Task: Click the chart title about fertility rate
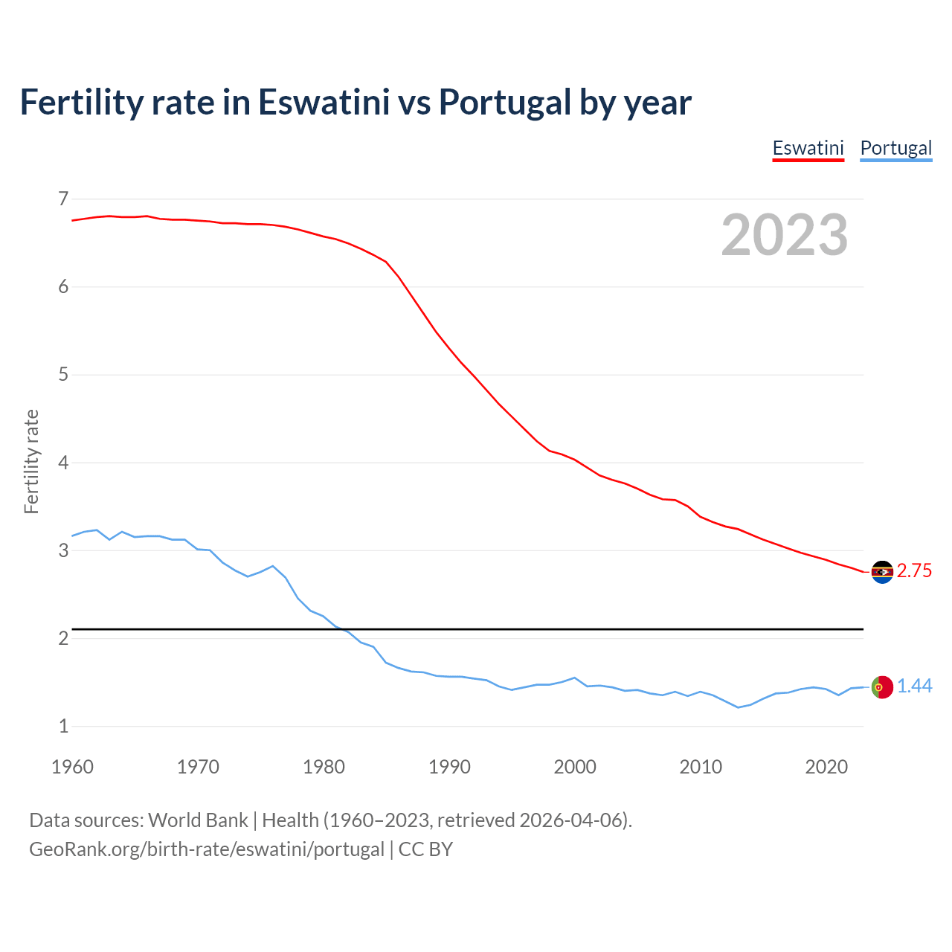356,102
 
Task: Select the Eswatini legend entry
808,148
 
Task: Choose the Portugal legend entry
895,148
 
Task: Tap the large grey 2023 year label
785,235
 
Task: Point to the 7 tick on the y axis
63,199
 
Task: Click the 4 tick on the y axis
63,463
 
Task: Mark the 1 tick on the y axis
63,726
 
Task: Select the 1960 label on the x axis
72,767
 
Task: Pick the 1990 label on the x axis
449,767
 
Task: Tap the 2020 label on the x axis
826,767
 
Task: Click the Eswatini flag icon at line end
882,572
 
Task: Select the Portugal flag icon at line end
882,687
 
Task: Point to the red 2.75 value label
914,571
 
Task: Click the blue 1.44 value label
914,686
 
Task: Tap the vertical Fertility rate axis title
31,461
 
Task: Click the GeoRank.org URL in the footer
206,849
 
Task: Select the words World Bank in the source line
198,820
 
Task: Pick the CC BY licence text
425,849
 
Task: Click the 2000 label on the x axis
575,767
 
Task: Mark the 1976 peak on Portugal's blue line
273,566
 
